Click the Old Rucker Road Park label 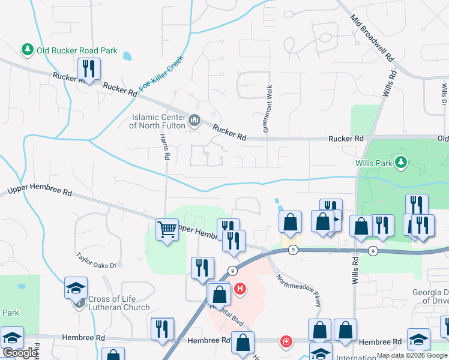(x=77, y=50)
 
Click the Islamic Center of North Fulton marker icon (x=194, y=121)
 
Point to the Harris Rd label (x=164, y=146)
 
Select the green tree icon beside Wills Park (x=401, y=162)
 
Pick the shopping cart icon (x=167, y=229)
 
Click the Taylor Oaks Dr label (x=99, y=259)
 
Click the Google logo (x=19, y=353)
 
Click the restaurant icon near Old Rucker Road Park (x=89, y=70)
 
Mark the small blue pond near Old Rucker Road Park (x=127, y=57)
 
